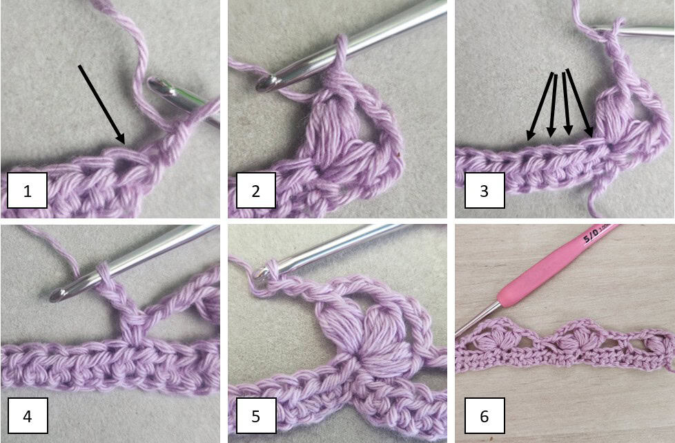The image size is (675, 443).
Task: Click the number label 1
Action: pos(27,191)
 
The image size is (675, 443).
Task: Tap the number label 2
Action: pos(255,191)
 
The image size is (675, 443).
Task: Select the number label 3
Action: pos(483,191)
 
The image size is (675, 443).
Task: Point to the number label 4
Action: pos(27,417)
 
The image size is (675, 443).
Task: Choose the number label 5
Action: pos(255,417)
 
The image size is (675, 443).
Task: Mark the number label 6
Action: pos(483,417)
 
